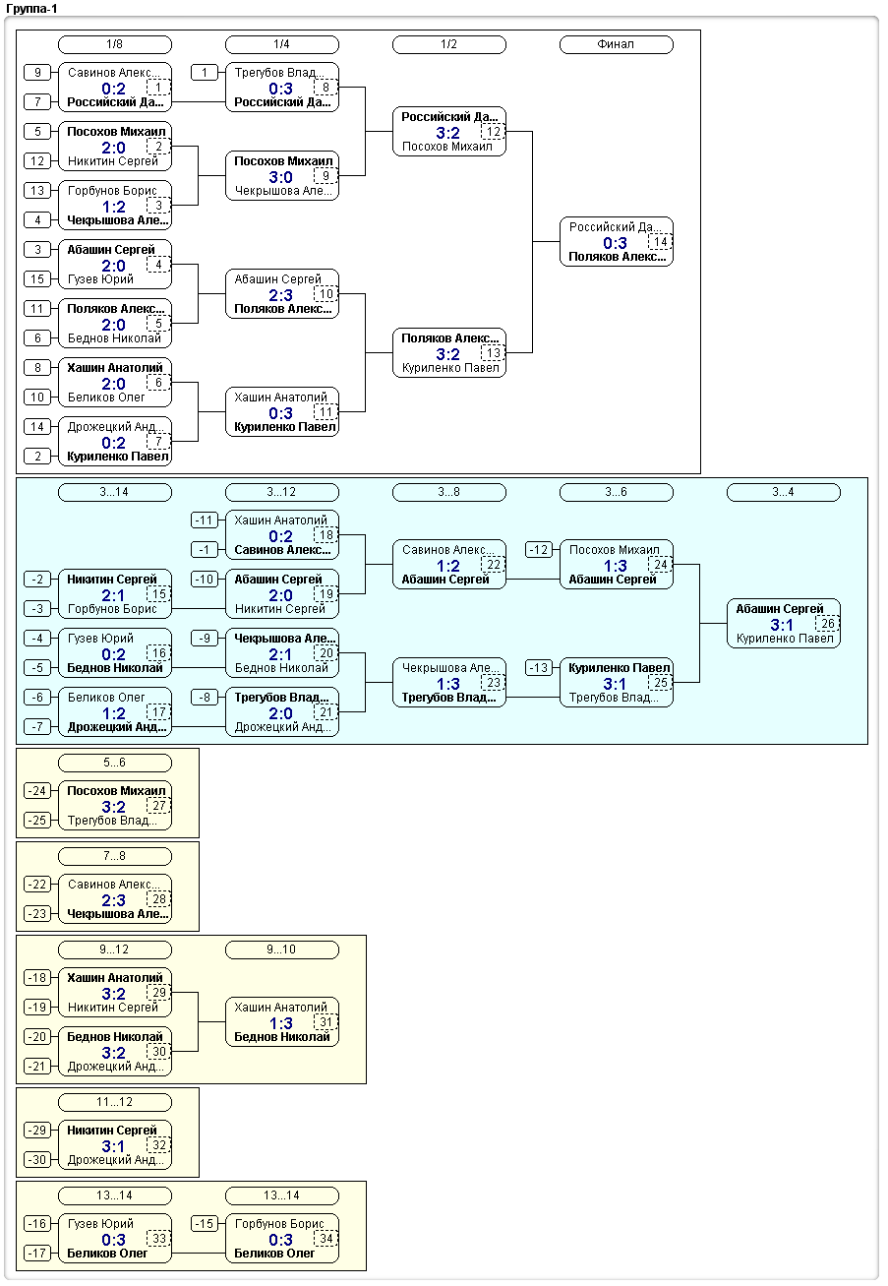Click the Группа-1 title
pos(31,9)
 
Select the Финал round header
pos(616,44)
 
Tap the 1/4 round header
pos(281,44)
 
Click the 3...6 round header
pos(616,492)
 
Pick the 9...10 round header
pos(281,949)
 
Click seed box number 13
pos(37,190)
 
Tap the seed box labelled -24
pos(37,790)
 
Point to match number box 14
pos(661,242)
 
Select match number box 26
pos(828,624)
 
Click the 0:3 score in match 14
pos(615,243)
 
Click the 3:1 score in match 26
pos(782,625)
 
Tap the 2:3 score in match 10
pos(280,295)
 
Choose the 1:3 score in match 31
pos(281,1023)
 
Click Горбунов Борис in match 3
pos(112,191)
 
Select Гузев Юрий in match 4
pos(100,279)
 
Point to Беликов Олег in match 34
pos(274,1253)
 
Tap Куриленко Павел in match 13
pos(450,367)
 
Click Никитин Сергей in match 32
pos(112,1130)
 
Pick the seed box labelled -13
pos(539,668)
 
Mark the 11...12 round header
pos(115,1102)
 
